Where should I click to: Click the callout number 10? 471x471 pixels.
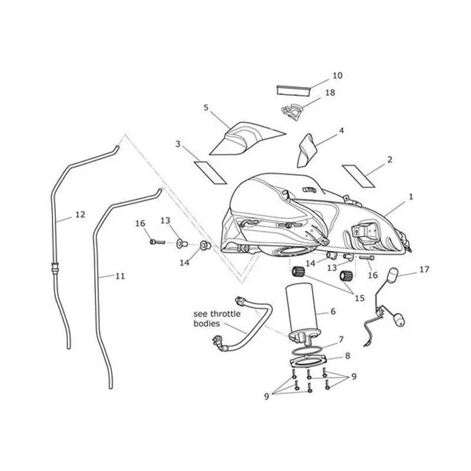(337, 76)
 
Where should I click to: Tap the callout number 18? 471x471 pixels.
(330, 93)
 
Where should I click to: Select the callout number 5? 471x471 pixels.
(205, 108)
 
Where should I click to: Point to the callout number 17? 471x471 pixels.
(424, 270)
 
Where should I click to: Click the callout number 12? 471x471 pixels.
(80, 215)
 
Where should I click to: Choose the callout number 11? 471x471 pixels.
(120, 276)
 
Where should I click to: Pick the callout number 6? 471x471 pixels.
(333, 312)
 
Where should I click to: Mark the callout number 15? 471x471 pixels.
(360, 298)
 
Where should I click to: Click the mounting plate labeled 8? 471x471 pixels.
(308, 361)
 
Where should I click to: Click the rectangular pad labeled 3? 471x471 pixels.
(210, 173)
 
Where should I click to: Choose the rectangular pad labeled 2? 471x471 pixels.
(359, 176)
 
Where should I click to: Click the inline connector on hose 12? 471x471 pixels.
(55, 267)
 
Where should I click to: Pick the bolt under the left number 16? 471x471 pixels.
(157, 242)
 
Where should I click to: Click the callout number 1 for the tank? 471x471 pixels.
(411, 197)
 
